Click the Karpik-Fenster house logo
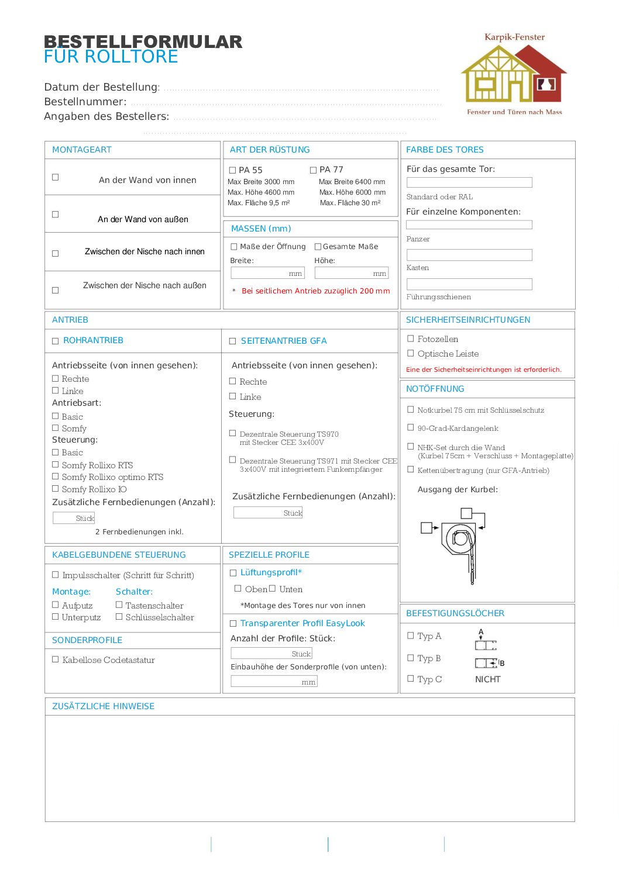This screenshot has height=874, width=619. (514, 74)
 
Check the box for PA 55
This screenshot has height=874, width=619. (232, 170)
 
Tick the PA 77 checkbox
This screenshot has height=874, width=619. (313, 170)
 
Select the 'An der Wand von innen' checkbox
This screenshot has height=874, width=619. (56, 177)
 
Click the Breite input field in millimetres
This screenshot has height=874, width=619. (267, 273)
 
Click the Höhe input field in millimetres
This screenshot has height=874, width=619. (351, 273)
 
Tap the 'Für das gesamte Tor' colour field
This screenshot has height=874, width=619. (469, 182)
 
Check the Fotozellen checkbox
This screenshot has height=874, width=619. (411, 338)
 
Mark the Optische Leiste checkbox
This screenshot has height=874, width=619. (411, 353)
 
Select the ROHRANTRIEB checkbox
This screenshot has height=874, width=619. (56, 341)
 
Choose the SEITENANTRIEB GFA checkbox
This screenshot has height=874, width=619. (232, 341)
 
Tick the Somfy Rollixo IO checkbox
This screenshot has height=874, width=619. (56, 489)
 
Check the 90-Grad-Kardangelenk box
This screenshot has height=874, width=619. (411, 427)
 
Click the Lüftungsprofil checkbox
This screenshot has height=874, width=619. (233, 573)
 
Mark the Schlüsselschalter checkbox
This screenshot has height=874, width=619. (119, 616)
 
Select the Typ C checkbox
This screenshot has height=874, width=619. (411, 679)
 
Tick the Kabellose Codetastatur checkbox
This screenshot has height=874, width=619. (56, 659)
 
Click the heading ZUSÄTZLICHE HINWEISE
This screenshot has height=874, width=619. (103, 706)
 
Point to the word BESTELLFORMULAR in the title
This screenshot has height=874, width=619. (143, 42)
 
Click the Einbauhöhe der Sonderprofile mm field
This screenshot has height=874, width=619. (274, 681)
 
